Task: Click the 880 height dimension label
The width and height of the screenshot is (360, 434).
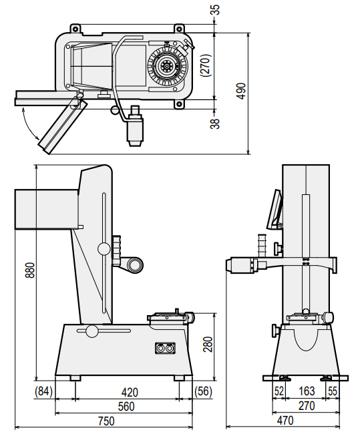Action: (x=30, y=270)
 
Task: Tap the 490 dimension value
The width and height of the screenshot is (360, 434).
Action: (x=242, y=91)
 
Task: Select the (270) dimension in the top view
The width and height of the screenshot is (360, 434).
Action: (x=206, y=65)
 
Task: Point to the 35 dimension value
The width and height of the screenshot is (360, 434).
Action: (x=216, y=10)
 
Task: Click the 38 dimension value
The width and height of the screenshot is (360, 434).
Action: (x=215, y=124)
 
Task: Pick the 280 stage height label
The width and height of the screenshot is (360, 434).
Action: (x=208, y=344)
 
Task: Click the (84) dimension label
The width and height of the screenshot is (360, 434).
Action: (x=43, y=391)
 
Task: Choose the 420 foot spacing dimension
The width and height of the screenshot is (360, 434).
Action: (x=130, y=392)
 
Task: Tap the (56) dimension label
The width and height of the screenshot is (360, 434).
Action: (x=204, y=391)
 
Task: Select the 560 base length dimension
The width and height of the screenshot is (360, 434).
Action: (x=126, y=407)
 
